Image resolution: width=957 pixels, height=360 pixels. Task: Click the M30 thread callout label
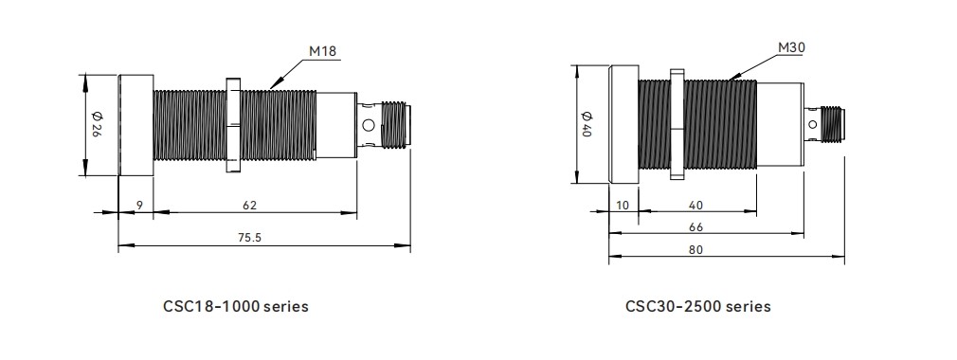coord(791,46)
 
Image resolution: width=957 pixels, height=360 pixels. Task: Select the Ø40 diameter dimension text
coord(586,125)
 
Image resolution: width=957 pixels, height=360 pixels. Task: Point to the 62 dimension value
coord(250,205)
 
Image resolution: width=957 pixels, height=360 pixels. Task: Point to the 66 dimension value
coord(696,227)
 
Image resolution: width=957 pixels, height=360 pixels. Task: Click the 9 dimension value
coord(138,205)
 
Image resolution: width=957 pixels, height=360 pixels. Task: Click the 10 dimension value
coord(623,205)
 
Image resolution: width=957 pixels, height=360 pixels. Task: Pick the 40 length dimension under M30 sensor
coord(696,205)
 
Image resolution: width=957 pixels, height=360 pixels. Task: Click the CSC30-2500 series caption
coord(698,307)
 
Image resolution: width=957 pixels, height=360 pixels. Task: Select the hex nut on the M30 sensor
coord(676,124)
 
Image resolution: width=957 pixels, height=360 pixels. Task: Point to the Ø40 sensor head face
coord(623,124)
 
